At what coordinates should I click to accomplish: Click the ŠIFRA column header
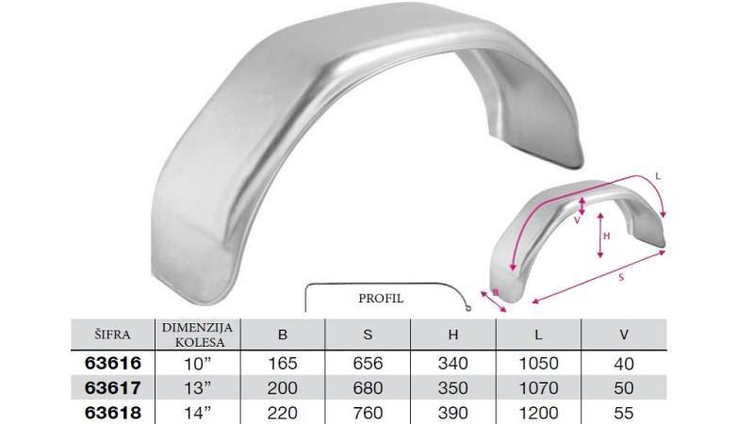click(x=112, y=334)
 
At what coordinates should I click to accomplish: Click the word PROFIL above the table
click(x=381, y=298)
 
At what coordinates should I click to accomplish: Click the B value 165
click(x=283, y=363)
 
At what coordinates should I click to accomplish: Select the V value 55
click(x=624, y=412)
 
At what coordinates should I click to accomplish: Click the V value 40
click(x=624, y=363)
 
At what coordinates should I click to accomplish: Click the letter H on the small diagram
click(x=607, y=236)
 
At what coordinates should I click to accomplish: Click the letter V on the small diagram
click(x=576, y=220)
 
